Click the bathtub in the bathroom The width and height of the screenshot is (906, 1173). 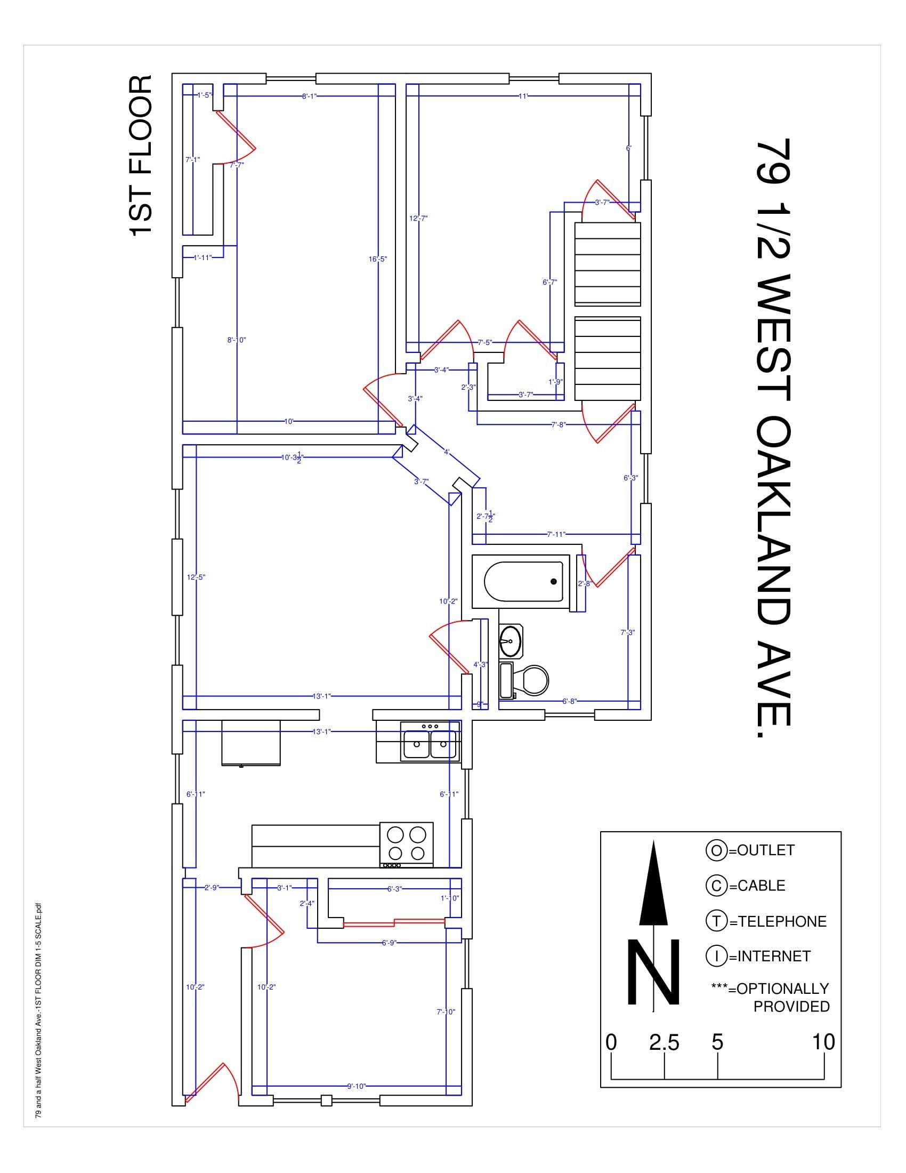pyautogui.click(x=523, y=582)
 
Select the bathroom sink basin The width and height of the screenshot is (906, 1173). pyautogui.click(x=511, y=641)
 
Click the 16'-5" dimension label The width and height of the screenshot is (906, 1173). pyautogui.click(x=378, y=260)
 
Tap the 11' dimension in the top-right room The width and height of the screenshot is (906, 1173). pyautogui.click(x=523, y=96)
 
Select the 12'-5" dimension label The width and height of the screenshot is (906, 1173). pyautogui.click(x=196, y=577)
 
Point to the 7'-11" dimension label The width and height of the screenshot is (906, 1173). pyautogui.click(x=556, y=534)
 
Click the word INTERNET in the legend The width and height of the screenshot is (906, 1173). pyautogui.click(x=773, y=957)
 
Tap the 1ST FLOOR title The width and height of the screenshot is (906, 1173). pyautogui.click(x=141, y=155)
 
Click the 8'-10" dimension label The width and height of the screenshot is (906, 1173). pyautogui.click(x=236, y=340)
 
